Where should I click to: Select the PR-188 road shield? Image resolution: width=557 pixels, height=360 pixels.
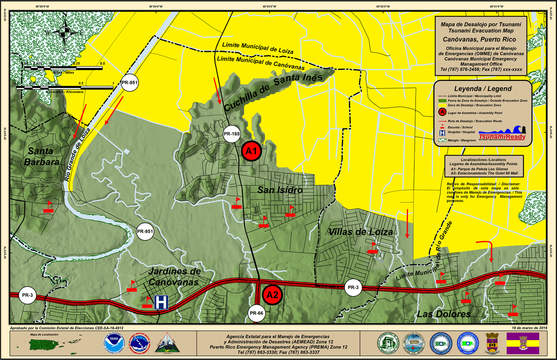tap(232, 134)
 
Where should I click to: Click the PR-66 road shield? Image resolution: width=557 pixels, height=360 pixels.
tap(257, 313)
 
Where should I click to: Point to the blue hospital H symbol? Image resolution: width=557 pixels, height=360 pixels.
tap(161, 302)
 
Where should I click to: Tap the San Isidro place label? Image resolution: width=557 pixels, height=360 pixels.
tap(280, 190)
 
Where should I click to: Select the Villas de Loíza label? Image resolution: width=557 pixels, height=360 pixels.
tap(361, 232)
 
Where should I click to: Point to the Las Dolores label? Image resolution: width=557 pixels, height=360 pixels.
tap(444, 314)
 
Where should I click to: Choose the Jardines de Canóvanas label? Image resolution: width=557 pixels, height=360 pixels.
tap(174, 277)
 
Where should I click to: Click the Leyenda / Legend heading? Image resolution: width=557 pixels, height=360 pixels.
tap(483, 88)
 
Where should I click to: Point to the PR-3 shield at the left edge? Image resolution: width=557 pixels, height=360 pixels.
tap(27, 295)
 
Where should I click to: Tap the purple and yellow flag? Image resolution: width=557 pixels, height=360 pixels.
tap(523, 343)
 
